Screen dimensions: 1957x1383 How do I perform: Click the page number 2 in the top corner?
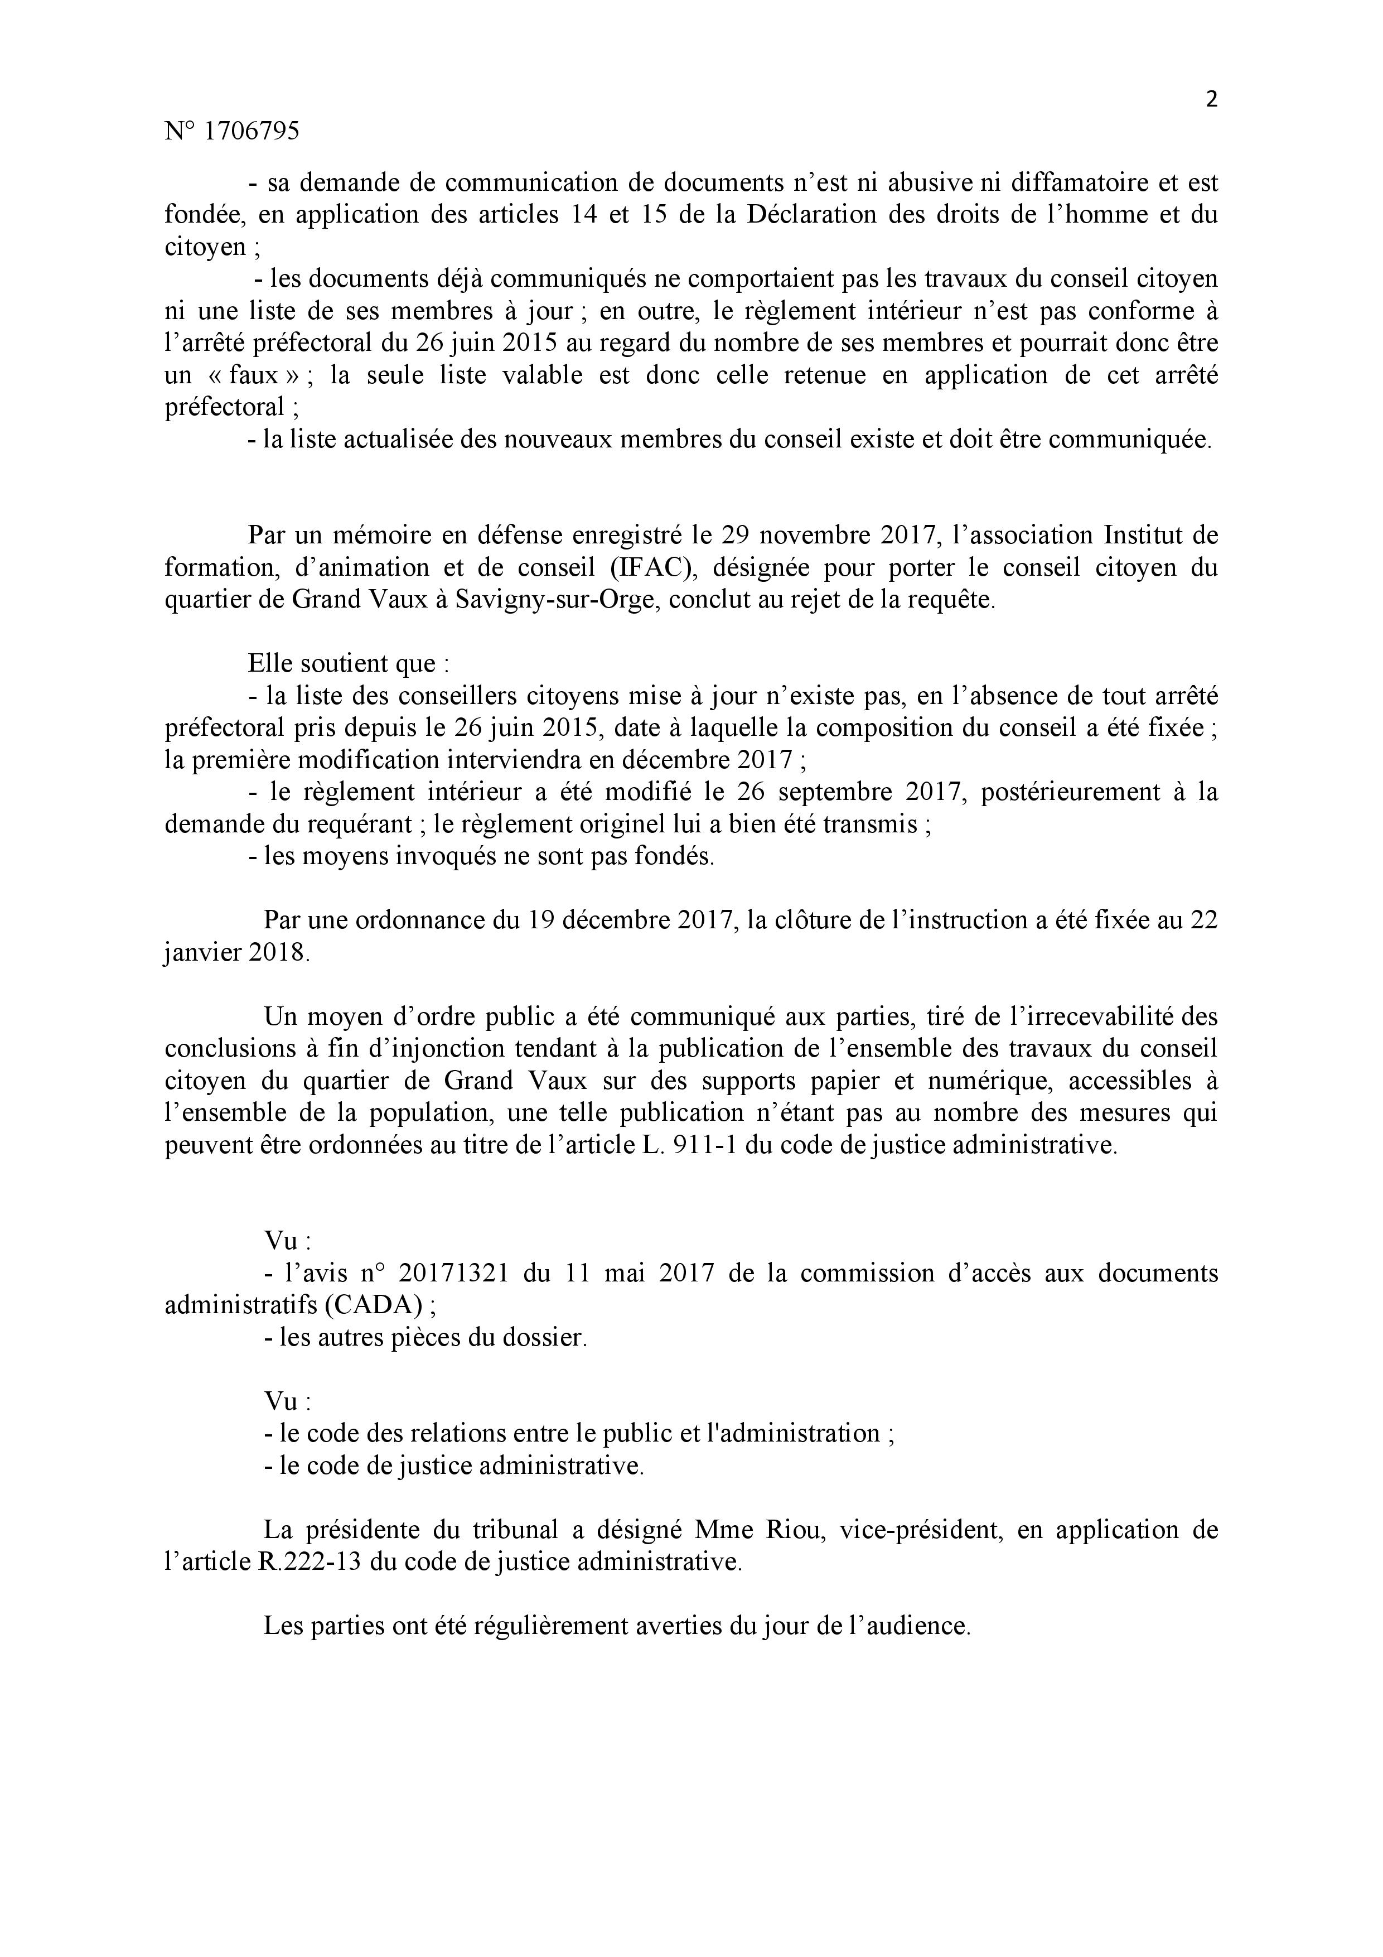[1211, 100]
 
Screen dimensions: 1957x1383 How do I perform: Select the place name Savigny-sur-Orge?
[557, 600]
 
